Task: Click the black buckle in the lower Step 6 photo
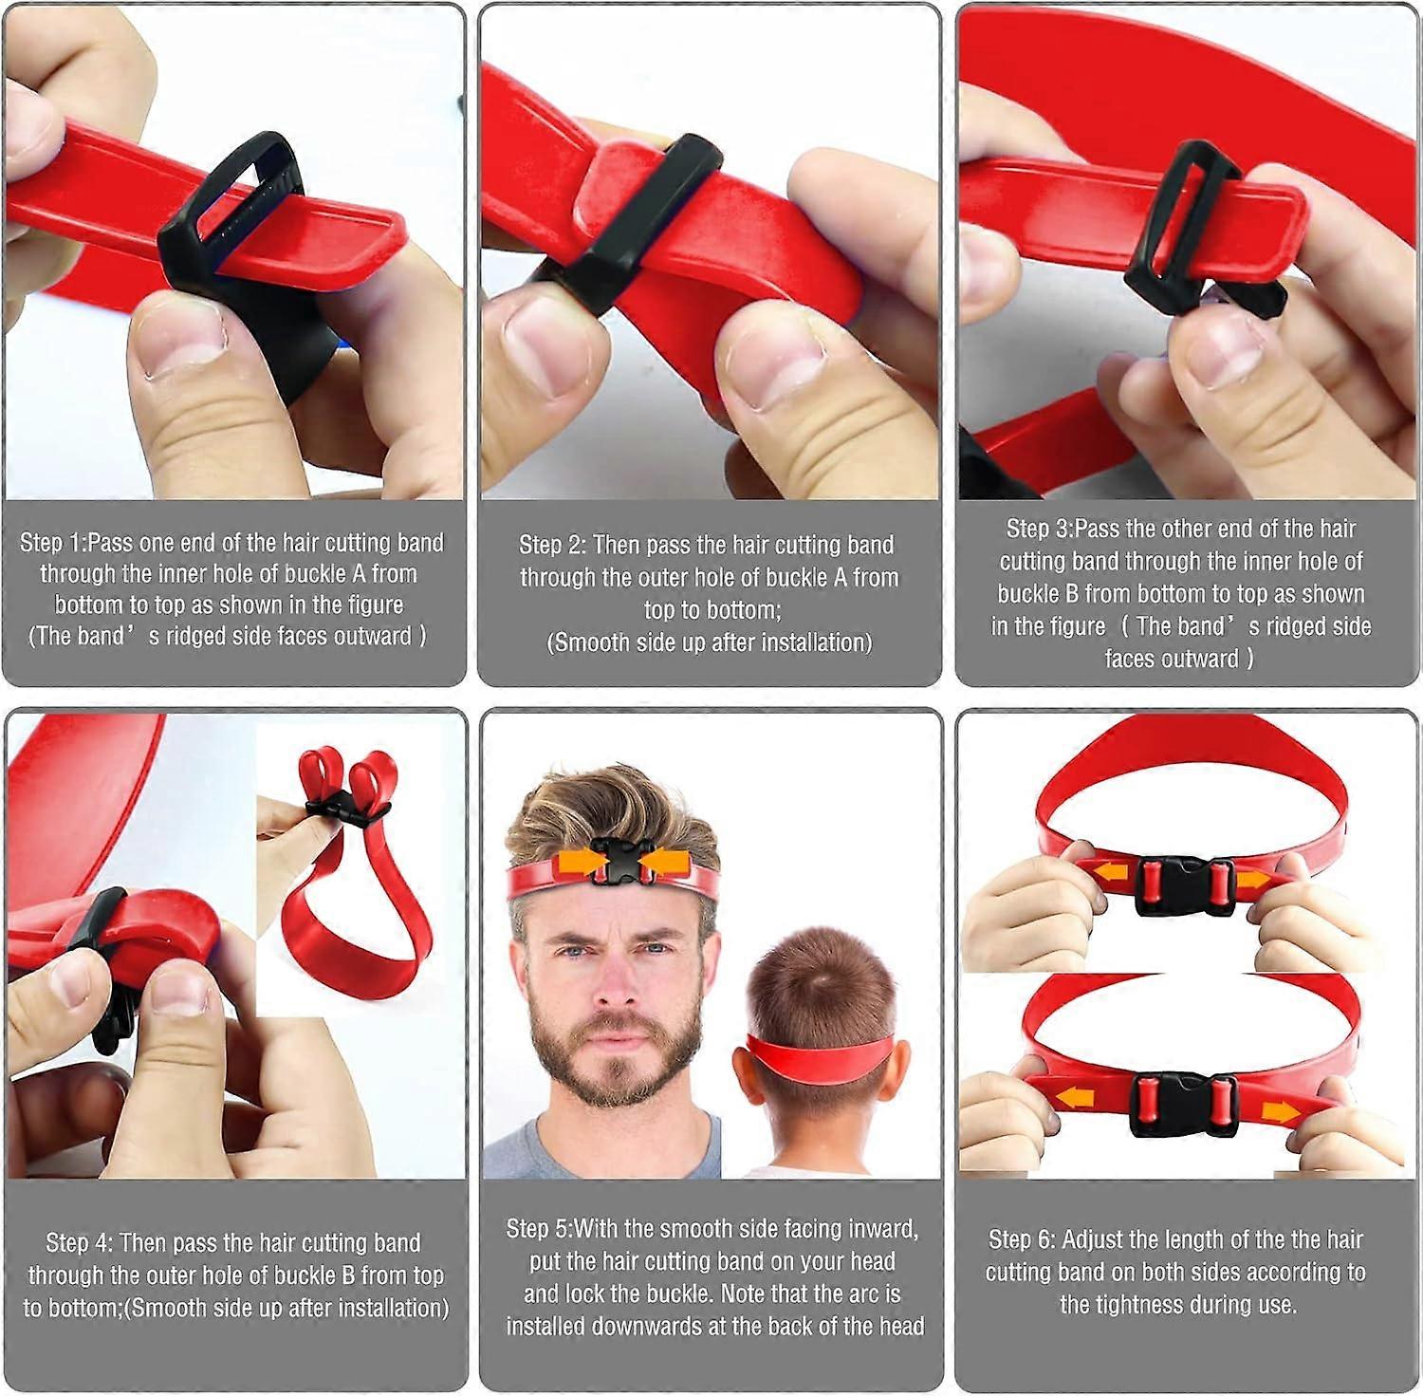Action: click(1183, 1103)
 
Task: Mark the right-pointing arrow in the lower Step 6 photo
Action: click(1281, 1111)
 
